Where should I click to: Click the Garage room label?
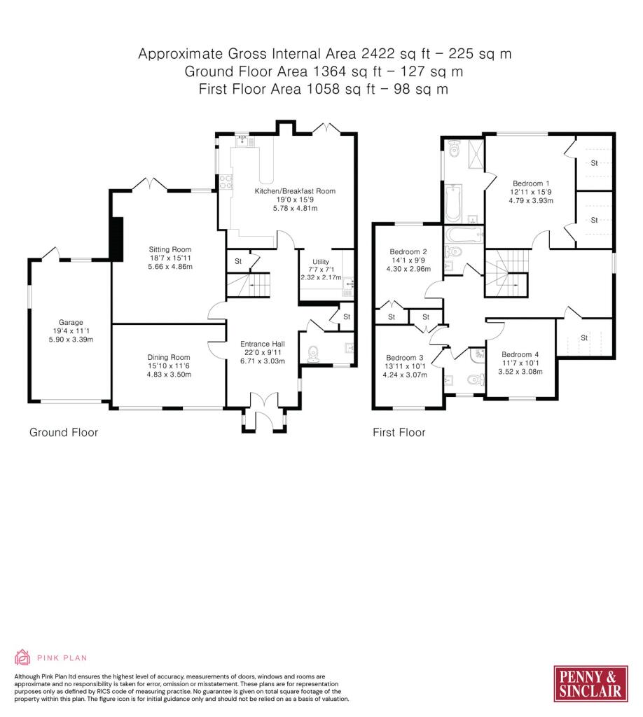[x=71, y=322]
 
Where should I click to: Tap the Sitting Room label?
[x=170, y=249]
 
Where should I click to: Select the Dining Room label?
[x=169, y=357]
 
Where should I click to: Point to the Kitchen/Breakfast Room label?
[x=295, y=190]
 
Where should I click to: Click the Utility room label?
[x=321, y=262]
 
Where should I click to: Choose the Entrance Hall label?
[x=263, y=344]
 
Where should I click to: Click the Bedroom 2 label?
[x=408, y=251]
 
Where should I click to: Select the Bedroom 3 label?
[x=405, y=358]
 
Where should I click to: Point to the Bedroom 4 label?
[x=520, y=354]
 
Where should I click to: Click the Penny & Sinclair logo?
[x=590, y=683]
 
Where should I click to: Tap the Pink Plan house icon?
[x=22, y=657]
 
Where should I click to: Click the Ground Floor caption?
[x=64, y=432]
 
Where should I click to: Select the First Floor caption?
[x=399, y=432]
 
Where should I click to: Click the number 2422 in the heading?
[x=378, y=53]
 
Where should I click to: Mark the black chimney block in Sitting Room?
[x=117, y=239]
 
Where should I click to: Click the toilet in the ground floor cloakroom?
[x=314, y=354]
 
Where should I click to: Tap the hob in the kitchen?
[x=226, y=182]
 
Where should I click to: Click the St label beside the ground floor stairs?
[x=238, y=261]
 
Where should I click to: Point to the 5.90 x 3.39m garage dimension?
[x=71, y=340]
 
